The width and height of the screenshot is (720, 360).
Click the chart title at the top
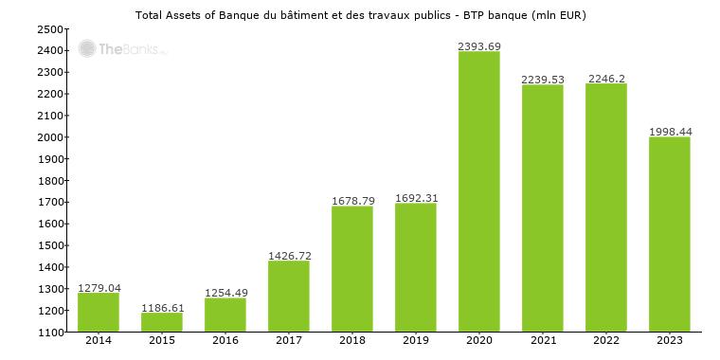click(360, 15)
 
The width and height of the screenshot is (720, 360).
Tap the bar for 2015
click(162, 322)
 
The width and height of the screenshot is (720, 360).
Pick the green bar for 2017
click(289, 297)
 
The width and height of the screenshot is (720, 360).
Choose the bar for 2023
click(669, 234)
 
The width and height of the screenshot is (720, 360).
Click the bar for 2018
click(352, 269)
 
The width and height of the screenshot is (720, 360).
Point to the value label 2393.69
click(478, 45)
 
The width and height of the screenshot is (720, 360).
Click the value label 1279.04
click(99, 288)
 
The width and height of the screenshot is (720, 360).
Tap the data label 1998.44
click(669, 132)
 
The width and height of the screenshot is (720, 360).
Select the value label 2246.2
click(606, 79)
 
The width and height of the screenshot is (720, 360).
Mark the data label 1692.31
click(416, 198)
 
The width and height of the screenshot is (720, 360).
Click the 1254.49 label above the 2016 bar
click(225, 293)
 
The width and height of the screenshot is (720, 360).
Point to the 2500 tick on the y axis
click(50, 29)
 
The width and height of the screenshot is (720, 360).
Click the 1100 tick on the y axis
click(50, 333)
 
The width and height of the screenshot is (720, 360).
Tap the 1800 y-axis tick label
click(50, 181)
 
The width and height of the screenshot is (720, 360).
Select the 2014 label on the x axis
click(99, 340)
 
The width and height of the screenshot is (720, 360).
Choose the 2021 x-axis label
click(542, 340)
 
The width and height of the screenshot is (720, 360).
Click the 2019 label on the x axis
click(416, 340)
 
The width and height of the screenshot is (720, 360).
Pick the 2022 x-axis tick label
click(606, 340)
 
